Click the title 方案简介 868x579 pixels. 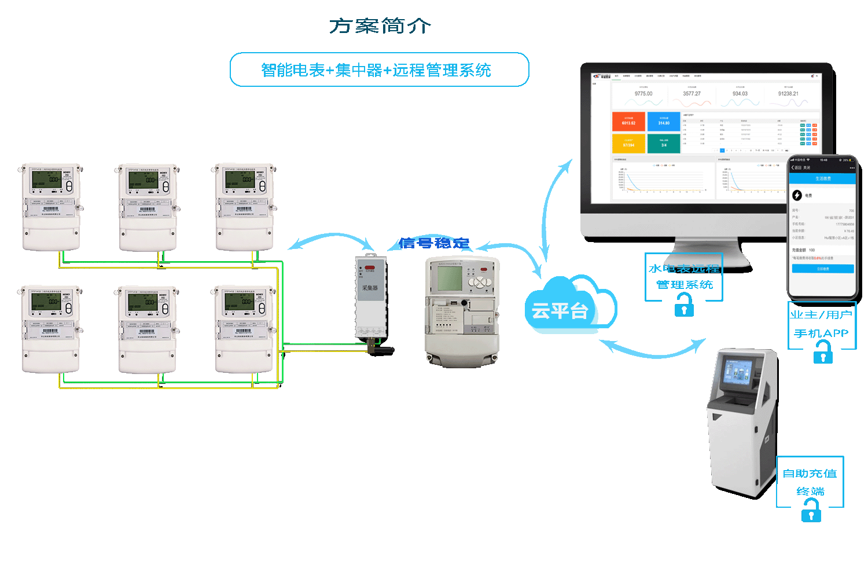(x=380, y=26)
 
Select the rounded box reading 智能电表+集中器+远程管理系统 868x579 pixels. (x=379, y=70)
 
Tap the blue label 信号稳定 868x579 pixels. (x=434, y=243)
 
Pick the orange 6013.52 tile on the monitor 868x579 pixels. (x=628, y=122)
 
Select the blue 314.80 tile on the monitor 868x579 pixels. (x=664, y=122)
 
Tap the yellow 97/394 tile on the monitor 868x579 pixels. (x=628, y=144)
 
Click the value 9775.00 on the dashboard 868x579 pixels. (x=643, y=94)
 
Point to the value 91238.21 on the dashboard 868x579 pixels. (x=788, y=94)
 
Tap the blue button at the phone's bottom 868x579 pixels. (x=822, y=269)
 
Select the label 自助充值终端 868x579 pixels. (x=810, y=482)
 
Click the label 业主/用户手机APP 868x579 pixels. (x=821, y=324)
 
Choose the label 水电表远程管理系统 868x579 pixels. (x=684, y=276)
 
